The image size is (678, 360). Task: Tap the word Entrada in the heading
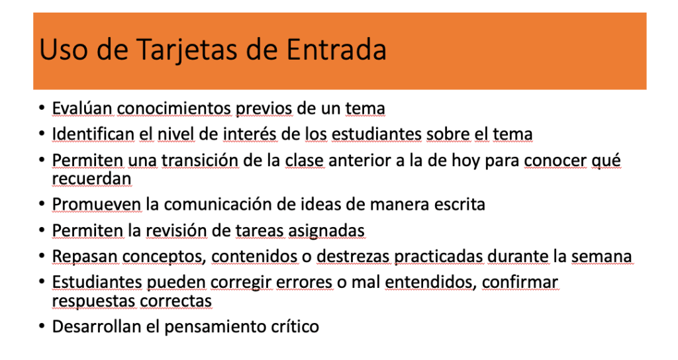336,49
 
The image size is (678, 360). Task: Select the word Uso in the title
62,49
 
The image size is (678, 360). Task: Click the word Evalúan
82,108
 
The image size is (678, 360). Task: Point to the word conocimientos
174,108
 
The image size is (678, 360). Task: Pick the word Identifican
93,134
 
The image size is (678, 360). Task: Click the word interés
250,134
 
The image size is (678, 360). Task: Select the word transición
200,160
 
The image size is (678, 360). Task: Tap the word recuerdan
91,179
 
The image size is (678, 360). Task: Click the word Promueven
97,204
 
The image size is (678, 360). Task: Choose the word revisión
176,231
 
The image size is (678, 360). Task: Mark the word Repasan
85,256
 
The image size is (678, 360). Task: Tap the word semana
601,256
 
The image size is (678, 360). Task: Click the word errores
304,282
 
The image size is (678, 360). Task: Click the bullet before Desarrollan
42,326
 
